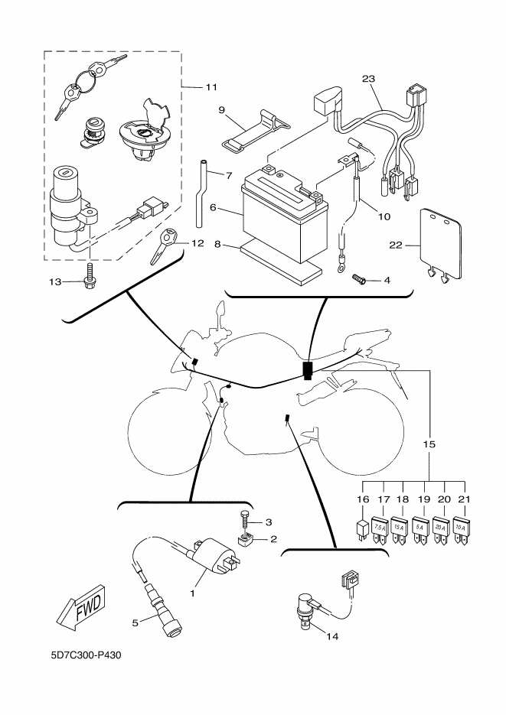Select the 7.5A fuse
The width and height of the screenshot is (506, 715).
pos(380,529)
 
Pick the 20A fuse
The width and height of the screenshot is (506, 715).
pos(440,529)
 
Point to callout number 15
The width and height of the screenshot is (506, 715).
pos(429,444)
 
